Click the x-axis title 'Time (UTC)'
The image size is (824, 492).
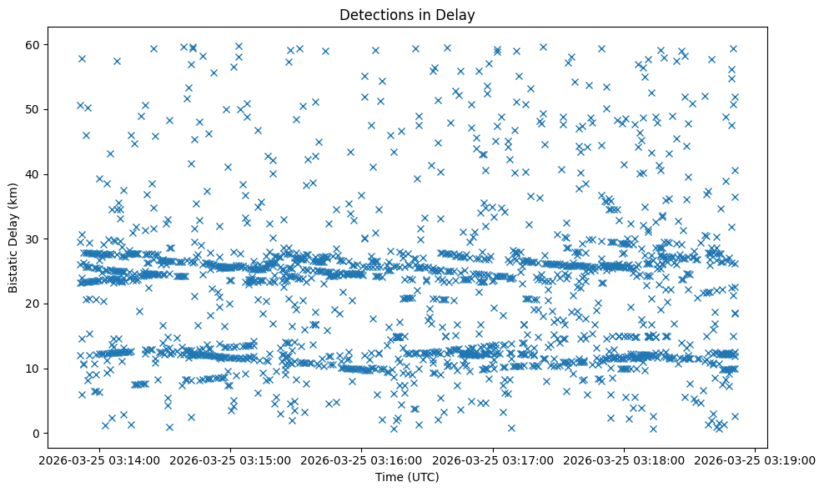(407, 478)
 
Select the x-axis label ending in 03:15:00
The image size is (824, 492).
(230, 459)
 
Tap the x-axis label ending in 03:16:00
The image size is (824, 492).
(361, 459)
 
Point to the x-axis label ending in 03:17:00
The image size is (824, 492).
(493, 459)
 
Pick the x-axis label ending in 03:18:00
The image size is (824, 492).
(624, 459)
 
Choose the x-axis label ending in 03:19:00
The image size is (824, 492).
(756, 459)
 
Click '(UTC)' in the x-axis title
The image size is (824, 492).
(423, 478)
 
